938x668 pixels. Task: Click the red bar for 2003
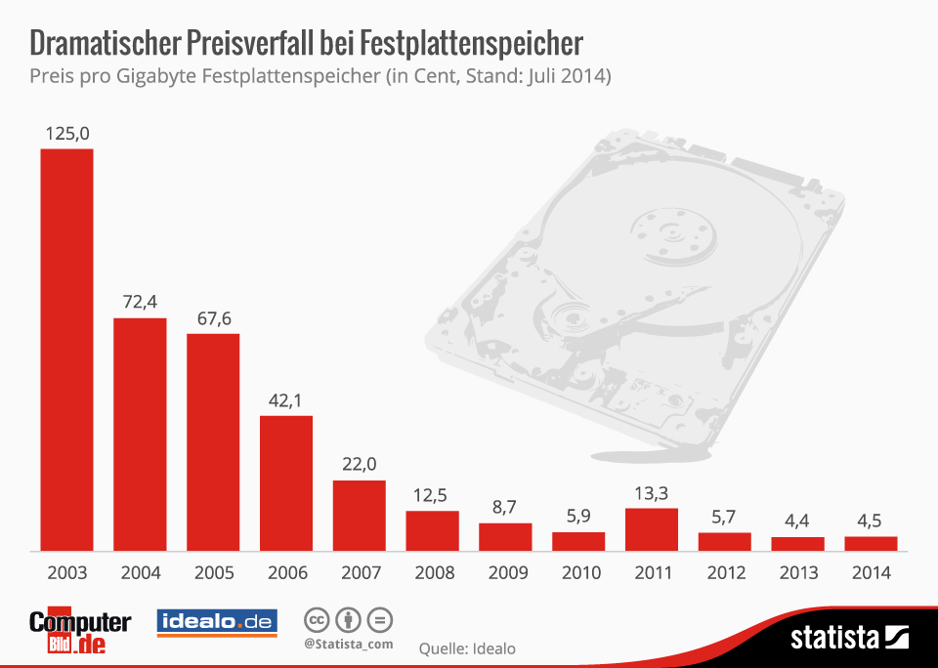click(66, 350)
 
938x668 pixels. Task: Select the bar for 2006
click(285, 483)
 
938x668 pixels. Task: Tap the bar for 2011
click(651, 529)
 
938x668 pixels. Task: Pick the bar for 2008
click(432, 530)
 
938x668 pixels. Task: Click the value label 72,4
click(140, 302)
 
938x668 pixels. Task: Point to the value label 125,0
click(66, 132)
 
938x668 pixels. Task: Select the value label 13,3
click(651, 492)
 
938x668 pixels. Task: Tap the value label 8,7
click(505, 507)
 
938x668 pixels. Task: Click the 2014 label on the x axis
click(871, 573)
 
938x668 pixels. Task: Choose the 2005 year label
click(213, 573)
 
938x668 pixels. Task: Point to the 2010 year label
click(578, 573)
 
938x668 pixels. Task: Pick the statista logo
click(849, 639)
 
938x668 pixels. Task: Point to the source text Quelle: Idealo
click(467, 647)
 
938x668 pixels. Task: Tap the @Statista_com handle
click(348, 644)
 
